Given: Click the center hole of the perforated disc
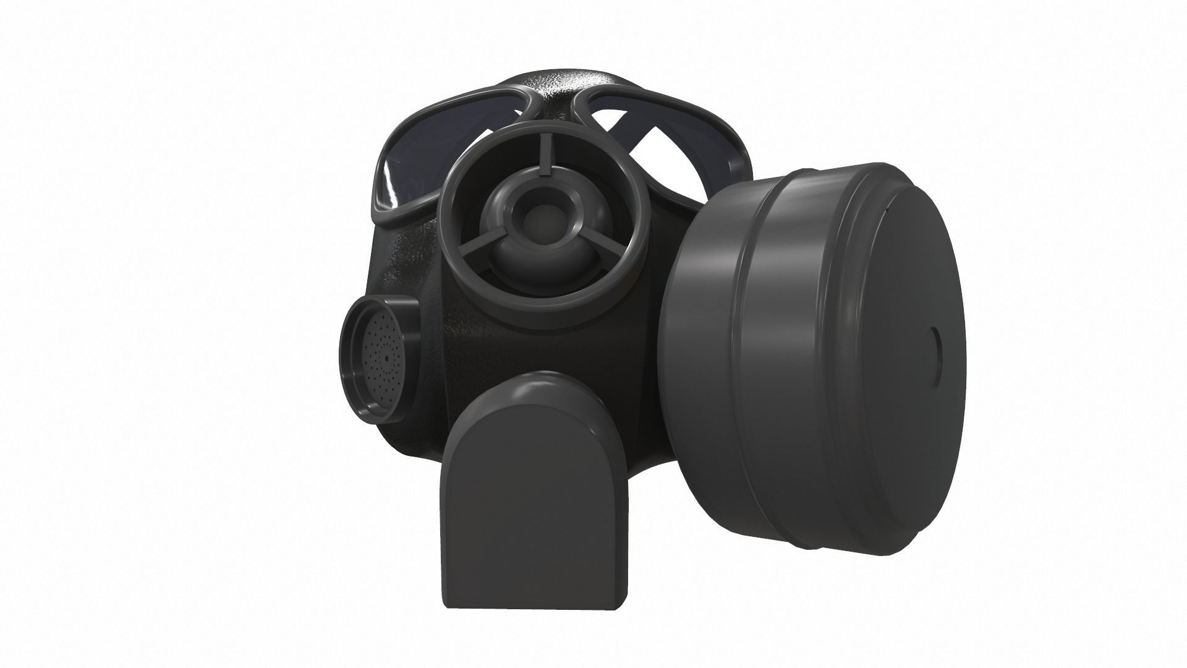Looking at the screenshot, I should (x=387, y=358).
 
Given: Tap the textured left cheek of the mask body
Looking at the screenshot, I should (x=408, y=260).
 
